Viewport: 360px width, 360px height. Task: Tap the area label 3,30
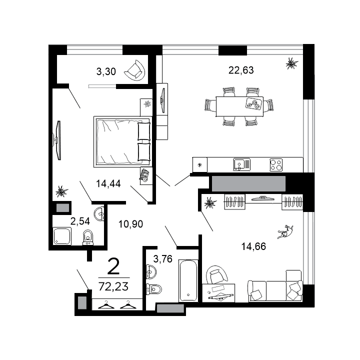click(106, 71)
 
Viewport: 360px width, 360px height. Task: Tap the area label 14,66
click(253, 245)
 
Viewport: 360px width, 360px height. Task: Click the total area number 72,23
click(114, 287)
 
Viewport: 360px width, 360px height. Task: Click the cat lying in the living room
click(286, 231)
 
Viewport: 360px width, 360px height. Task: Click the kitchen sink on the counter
click(240, 164)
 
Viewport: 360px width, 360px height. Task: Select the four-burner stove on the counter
click(276, 164)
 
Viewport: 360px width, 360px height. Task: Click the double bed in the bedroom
click(122, 141)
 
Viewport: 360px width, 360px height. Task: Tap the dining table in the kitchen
click(239, 106)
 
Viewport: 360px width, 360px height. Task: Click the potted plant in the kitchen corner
click(290, 63)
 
